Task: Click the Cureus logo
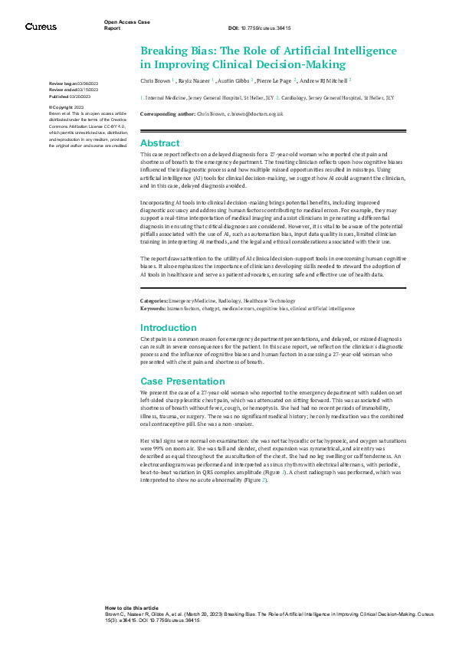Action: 40,26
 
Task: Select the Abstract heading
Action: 160,143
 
